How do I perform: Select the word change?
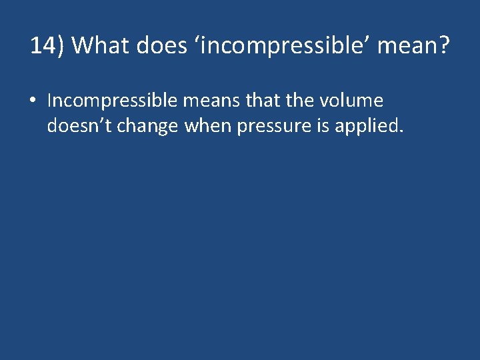click(147, 125)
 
